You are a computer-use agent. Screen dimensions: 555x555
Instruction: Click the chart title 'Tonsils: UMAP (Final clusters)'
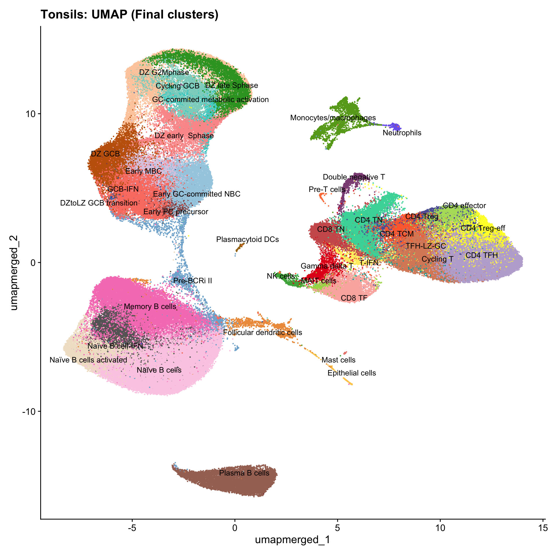[129, 14]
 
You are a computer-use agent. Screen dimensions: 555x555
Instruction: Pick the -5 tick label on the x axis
[132, 528]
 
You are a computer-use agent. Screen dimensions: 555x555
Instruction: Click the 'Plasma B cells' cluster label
[244, 473]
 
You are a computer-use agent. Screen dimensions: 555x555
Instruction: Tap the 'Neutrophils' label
[402, 133]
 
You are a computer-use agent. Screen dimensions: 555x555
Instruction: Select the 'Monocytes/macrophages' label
[333, 118]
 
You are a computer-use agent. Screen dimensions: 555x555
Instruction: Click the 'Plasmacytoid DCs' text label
[247, 239]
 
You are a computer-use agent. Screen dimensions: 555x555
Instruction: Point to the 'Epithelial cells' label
[351, 373]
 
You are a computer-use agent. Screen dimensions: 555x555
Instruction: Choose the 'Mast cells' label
[338, 360]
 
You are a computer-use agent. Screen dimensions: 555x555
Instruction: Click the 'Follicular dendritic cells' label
[262, 332]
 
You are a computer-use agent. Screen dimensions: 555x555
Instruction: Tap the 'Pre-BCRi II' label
[193, 281]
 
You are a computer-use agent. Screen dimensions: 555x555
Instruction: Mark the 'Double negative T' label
[354, 177]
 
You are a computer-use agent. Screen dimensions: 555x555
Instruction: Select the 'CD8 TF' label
[354, 298]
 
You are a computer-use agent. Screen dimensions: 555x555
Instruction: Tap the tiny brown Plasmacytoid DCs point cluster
[240, 247]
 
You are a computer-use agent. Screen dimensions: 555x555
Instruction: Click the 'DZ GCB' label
[105, 154]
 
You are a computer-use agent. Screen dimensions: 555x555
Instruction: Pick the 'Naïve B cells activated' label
[88, 360]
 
